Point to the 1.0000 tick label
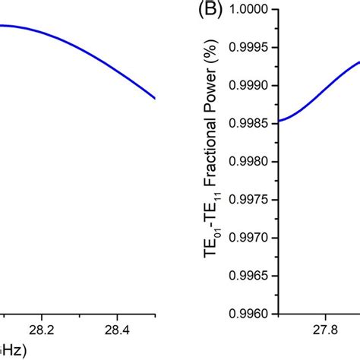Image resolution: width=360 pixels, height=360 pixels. [x=257, y=10]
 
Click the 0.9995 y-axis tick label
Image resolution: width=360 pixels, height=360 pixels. [x=257, y=47]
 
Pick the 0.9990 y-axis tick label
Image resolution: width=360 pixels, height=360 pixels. [x=257, y=84]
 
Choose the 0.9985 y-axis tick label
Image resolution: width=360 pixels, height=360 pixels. [x=257, y=121]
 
